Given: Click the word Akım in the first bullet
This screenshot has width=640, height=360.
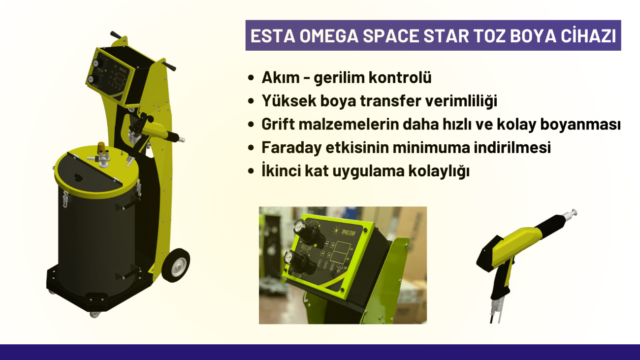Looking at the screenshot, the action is click(280, 77).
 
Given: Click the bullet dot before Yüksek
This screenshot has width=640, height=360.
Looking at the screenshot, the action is click(251, 101).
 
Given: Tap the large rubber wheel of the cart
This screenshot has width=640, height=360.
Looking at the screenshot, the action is click(175, 265).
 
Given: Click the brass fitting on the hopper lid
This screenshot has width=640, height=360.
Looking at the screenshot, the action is click(100, 147).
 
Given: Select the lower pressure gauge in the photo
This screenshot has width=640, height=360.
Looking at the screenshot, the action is click(289, 258).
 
